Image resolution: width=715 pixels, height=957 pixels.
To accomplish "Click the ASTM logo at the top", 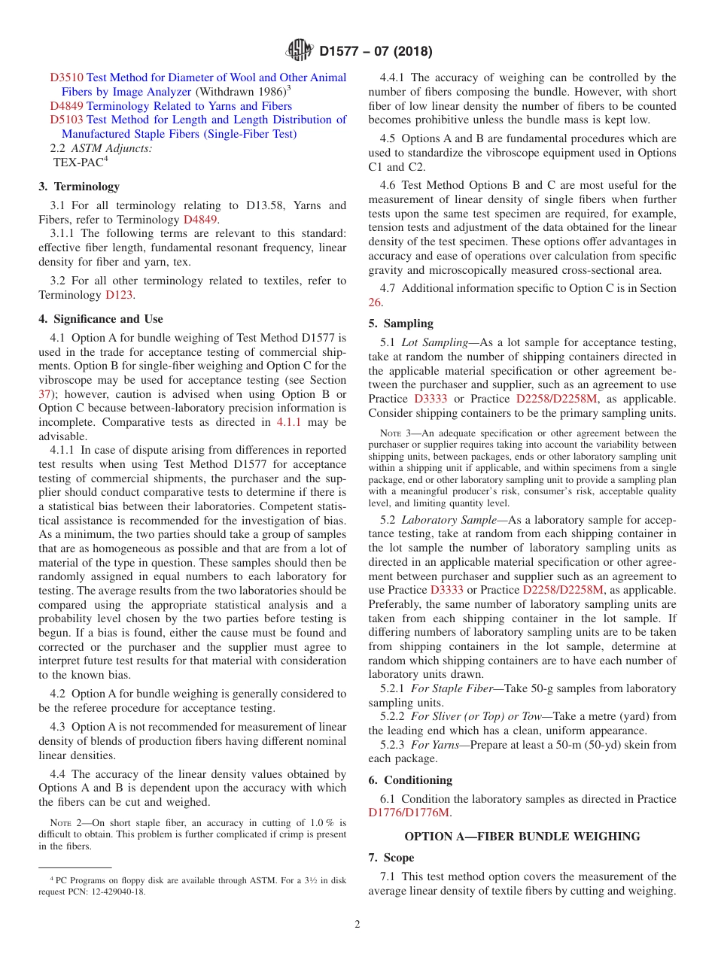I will [300, 51].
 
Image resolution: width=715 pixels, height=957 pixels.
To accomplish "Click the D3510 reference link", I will [67, 77].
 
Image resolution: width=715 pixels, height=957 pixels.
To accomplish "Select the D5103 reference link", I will [67, 120].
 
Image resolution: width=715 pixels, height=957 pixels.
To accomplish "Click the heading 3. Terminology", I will [79, 187].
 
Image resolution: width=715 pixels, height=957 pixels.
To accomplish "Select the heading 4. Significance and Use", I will [100, 319].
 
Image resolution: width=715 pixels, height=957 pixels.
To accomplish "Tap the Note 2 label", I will [65, 824].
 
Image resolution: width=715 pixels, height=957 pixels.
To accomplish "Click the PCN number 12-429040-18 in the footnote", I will [116, 892].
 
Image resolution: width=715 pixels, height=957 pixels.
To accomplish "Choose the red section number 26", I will [375, 302].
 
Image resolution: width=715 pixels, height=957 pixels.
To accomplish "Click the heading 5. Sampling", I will [400, 324].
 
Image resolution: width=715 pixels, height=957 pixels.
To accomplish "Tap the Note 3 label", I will [396, 433].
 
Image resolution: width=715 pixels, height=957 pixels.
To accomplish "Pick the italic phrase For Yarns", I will [431, 745].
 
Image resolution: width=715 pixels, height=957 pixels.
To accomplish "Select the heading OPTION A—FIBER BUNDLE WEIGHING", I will [522, 837].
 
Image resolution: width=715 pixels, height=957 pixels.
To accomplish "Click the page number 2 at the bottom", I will [357, 925].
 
